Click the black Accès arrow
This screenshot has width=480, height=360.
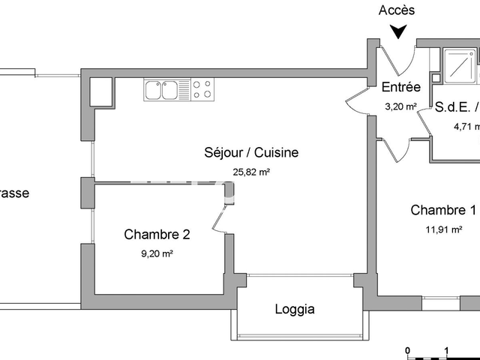click(399, 31)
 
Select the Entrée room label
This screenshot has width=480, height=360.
click(400, 87)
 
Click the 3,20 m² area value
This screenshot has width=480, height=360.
click(400, 106)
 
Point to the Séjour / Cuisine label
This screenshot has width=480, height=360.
click(251, 152)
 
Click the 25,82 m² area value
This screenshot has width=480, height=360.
click(251, 172)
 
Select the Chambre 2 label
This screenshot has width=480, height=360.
click(157, 234)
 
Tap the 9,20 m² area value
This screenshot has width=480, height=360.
click(157, 253)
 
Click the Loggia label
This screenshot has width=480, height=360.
click(295, 309)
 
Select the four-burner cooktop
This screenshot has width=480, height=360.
click(202, 90)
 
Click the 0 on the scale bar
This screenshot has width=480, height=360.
click(407, 350)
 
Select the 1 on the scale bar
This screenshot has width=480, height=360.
click(447, 350)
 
